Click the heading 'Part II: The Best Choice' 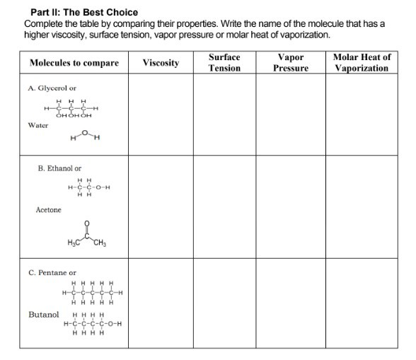84,12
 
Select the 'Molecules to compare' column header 74,63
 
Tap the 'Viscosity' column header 161,63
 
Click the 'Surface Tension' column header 224,62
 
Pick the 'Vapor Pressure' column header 291,62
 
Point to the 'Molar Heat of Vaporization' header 361,62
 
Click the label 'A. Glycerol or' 52,88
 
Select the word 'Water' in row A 38,125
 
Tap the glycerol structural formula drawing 71,108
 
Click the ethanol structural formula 89,187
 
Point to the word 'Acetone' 48,210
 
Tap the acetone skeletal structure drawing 86,236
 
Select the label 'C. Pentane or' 52,272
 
